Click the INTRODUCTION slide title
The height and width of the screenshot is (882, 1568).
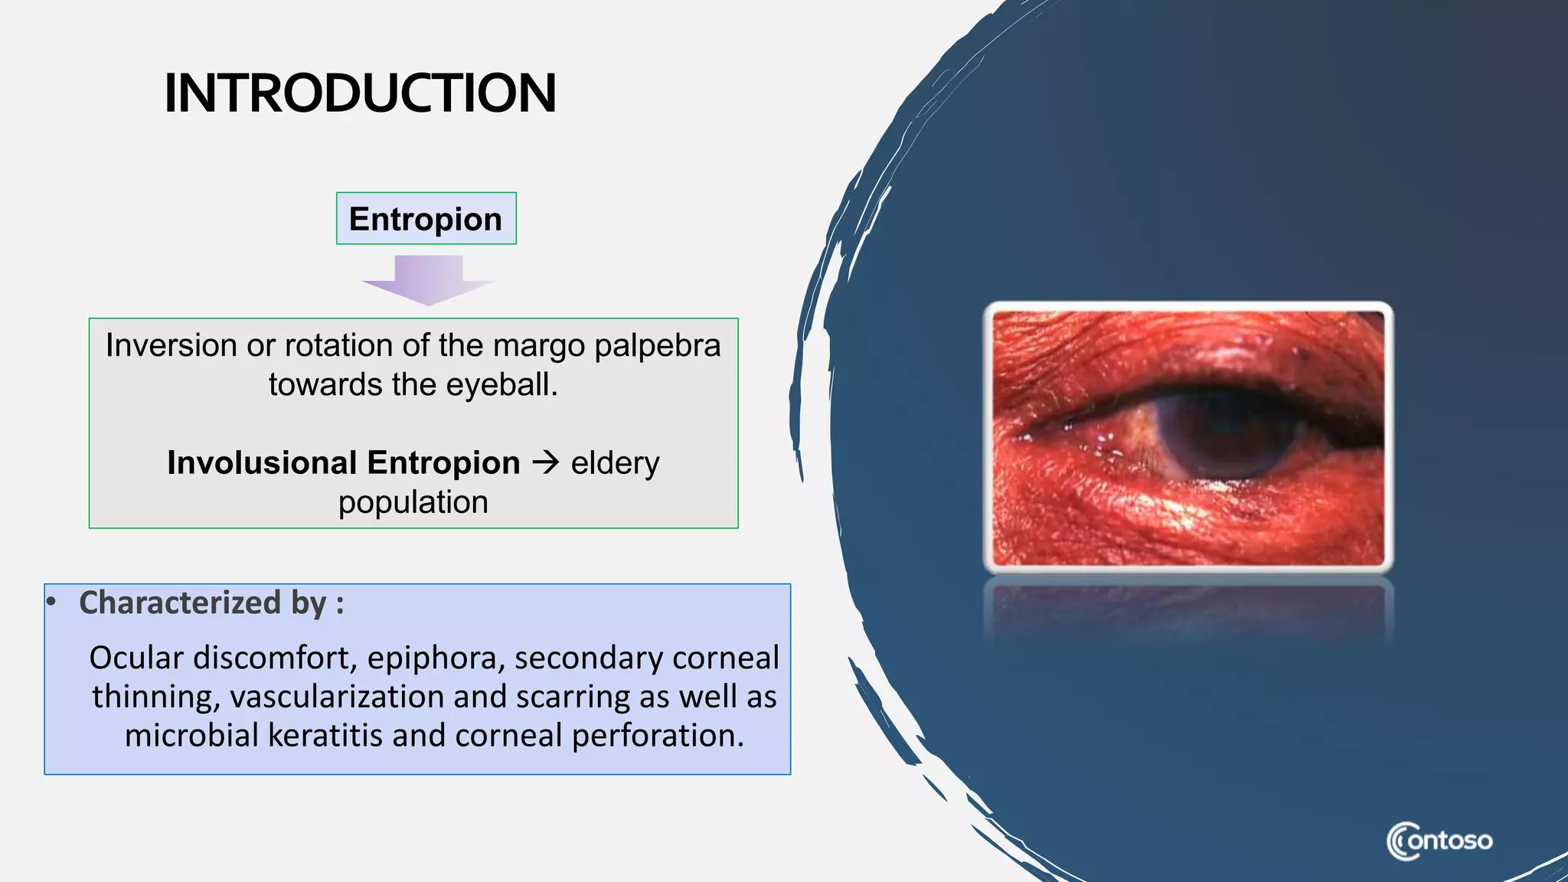coord(360,93)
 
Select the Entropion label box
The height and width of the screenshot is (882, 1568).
coord(426,219)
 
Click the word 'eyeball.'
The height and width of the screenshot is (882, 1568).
coord(501,384)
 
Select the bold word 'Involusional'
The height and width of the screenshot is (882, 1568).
coord(262,463)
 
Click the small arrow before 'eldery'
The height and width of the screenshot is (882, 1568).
coord(546,462)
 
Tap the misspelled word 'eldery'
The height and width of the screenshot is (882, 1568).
coord(615,463)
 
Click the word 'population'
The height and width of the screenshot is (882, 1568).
coord(413,502)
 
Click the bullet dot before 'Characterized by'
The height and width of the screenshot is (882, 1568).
coord(51,602)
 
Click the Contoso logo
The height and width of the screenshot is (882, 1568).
coord(1439,841)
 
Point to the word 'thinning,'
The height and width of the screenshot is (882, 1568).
coord(156,697)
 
